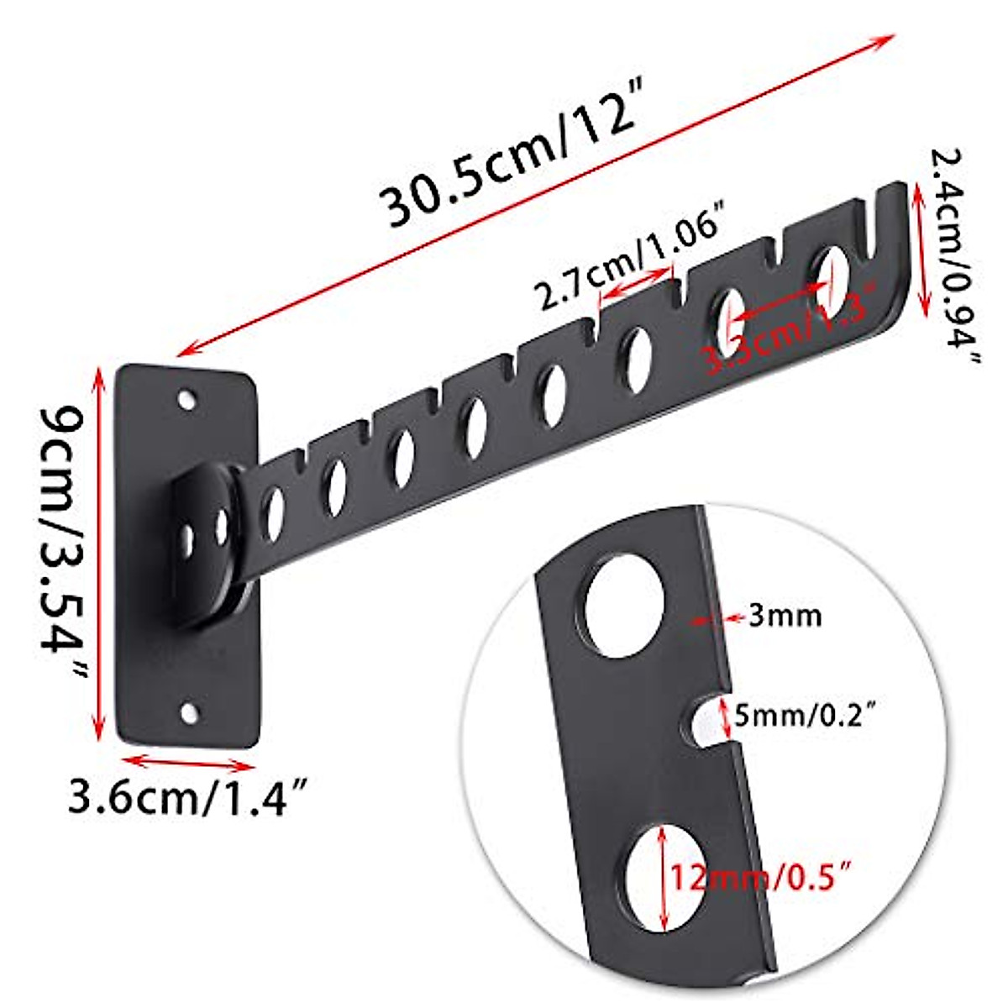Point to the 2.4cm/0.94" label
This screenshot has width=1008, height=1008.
tap(953, 256)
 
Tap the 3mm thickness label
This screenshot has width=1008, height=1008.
tap(784, 617)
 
